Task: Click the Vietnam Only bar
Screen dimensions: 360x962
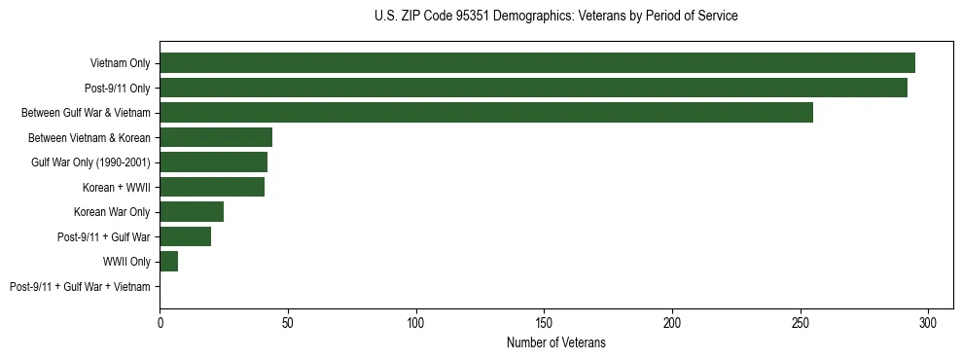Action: pyautogui.click(x=537, y=63)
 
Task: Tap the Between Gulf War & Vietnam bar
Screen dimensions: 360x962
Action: pyautogui.click(x=486, y=113)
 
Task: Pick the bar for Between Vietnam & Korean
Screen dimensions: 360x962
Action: pyautogui.click(x=216, y=137)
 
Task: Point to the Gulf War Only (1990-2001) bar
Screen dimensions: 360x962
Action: pyautogui.click(x=213, y=162)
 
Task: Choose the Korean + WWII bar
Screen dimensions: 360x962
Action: pyautogui.click(x=212, y=187)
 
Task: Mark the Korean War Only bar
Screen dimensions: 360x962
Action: pyautogui.click(x=192, y=211)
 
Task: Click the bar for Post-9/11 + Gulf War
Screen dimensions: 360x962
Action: pyautogui.click(x=185, y=236)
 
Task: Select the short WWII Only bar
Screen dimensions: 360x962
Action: pyautogui.click(x=168, y=261)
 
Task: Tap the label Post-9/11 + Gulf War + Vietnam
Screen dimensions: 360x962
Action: pyautogui.click(x=80, y=287)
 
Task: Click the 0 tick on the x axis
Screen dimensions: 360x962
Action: pyautogui.click(x=160, y=322)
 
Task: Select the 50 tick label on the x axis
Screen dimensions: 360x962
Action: pyautogui.click(x=288, y=322)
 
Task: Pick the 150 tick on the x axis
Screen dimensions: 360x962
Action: pyautogui.click(x=544, y=322)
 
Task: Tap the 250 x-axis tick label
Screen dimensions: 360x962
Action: pyautogui.click(x=800, y=322)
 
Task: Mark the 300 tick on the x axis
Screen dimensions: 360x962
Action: pyautogui.click(x=928, y=322)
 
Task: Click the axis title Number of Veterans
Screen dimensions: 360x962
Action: pyautogui.click(x=555, y=342)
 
